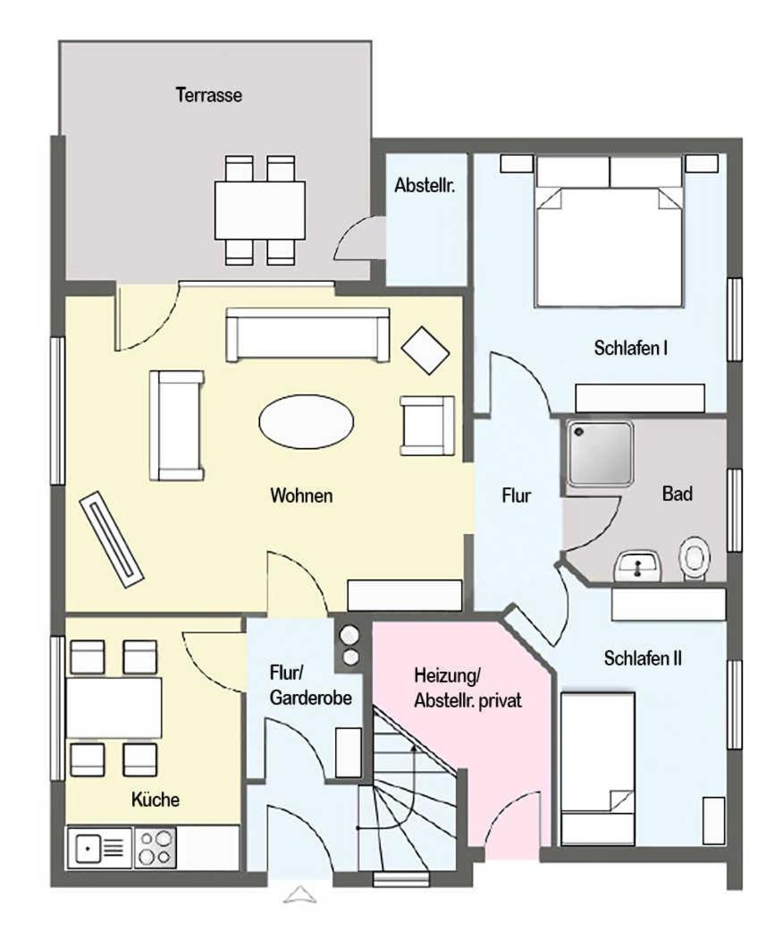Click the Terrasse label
tap(209, 95)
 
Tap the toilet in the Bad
tap(694, 558)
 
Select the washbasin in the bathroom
tap(638, 566)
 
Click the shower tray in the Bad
tap(599, 453)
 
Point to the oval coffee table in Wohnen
tap(307, 421)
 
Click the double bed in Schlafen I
tap(609, 232)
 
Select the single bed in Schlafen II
tap(598, 767)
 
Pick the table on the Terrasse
tap(260, 210)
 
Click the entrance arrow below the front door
tap(300, 895)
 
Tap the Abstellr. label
tap(425, 185)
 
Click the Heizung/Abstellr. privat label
tap(467, 688)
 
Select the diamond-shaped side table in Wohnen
tap(425, 351)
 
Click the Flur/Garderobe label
tap(310, 685)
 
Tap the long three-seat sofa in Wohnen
tap(307, 334)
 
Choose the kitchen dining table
tap(114, 707)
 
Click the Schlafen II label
tap(643, 658)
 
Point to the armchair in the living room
tap(427, 426)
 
